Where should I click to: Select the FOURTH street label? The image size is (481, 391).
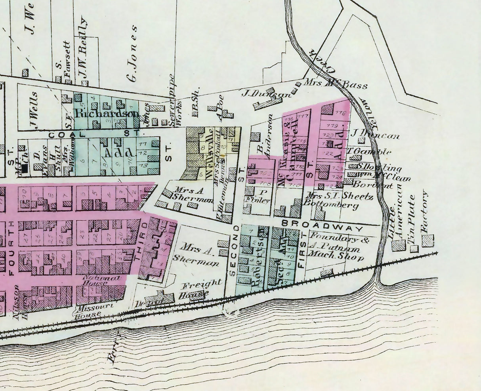(x=11, y=250)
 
